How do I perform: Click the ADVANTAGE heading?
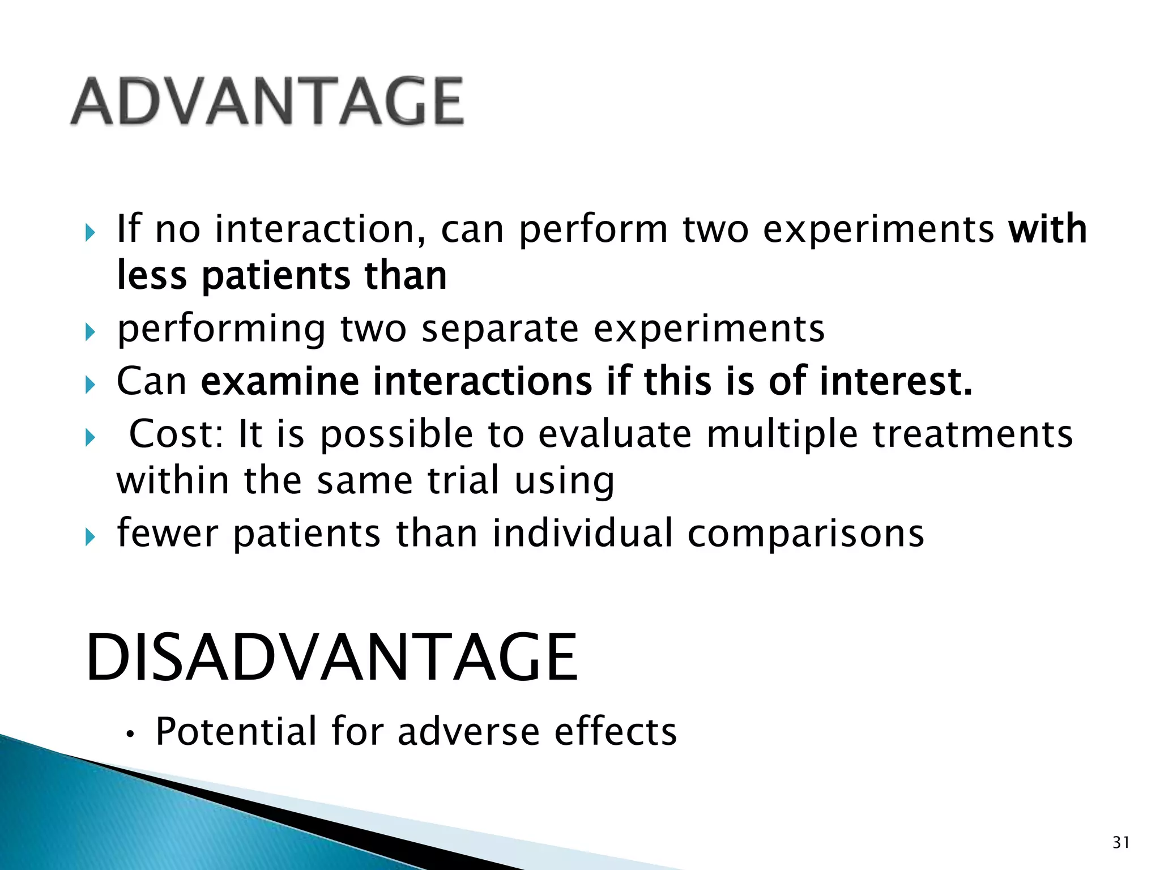tap(267, 101)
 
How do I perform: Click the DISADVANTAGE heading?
tap(331, 658)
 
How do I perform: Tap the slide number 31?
tap(1121, 843)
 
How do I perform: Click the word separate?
tap(500, 329)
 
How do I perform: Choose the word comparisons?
tap(805, 533)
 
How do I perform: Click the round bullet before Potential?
tap(130, 735)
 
